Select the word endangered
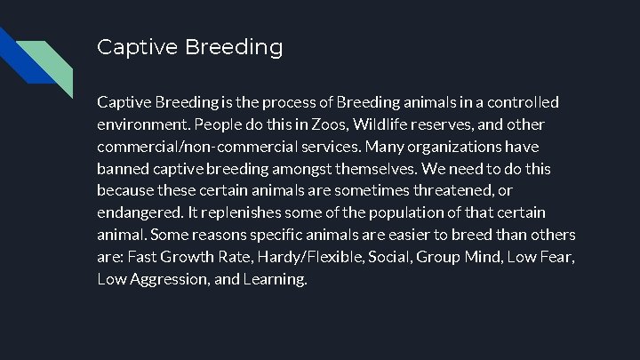coord(140,212)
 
